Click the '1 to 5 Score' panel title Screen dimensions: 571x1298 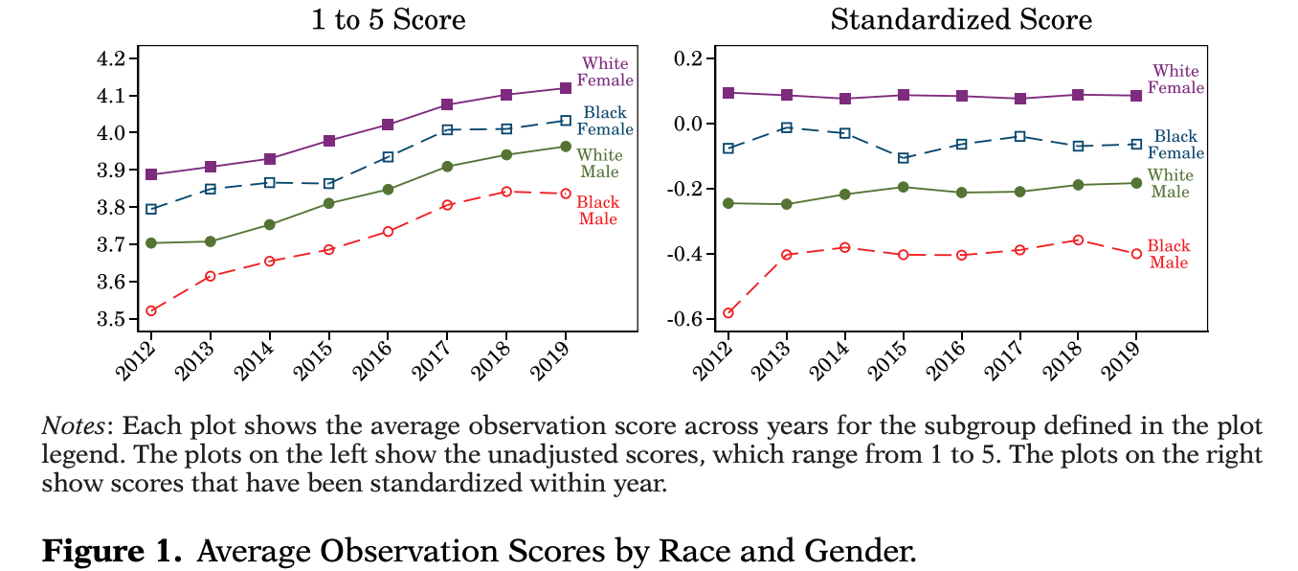(389, 19)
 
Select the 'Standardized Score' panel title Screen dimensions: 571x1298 (960, 19)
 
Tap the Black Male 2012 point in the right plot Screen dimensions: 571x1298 (727, 313)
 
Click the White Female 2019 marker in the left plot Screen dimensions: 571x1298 (565, 88)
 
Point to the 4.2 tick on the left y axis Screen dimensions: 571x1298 (112, 59)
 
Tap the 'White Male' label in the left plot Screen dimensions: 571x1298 (601, 164)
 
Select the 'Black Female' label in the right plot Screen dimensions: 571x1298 (1175, 145)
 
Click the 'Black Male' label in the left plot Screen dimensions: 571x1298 (598, 211)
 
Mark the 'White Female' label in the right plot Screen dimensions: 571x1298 (1175, 80)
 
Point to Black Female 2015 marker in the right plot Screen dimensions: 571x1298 (903, 158)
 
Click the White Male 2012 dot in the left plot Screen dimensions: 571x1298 (151, 243)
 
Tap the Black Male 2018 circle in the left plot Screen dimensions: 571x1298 (506, 192)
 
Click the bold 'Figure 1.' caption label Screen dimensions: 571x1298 (110, 552)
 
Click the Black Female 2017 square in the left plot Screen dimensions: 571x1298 (447, 130)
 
